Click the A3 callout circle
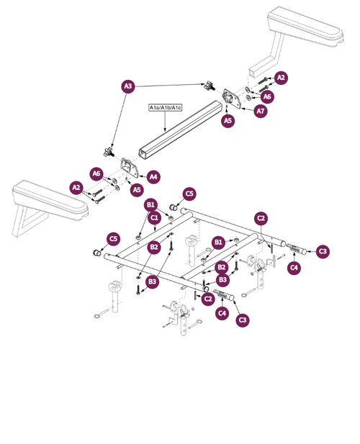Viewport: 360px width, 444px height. tap(128, 86)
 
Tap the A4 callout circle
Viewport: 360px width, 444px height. tap(153, 176)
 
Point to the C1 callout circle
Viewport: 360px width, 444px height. tap(154, 217)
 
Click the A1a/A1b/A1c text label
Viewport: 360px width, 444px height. tap(166, 107)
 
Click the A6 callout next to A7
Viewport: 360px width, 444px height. tap(267, 96)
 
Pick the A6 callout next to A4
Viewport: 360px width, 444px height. tap(96, 173)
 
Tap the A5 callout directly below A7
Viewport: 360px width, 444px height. tap(228, 121)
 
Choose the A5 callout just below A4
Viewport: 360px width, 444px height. tap(136, 189)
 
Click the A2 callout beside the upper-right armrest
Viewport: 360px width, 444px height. tap(281, 77)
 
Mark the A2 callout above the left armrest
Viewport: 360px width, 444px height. tap(76, 187)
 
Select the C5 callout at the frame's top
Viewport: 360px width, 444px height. tap(189, 194)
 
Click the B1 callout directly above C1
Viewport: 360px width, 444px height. tap(150, 204)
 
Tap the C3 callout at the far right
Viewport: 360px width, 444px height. tap(323, 251)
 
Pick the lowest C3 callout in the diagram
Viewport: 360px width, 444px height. tap(243, 320)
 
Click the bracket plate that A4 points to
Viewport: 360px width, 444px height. tap(130, 168)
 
